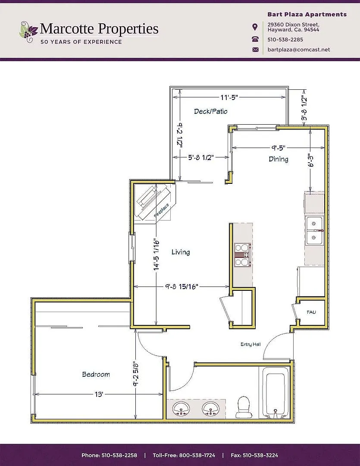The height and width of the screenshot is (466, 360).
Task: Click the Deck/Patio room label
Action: point(210,111)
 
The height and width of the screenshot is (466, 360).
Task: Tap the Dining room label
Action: point(279,159)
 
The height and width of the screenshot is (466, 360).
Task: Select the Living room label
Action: point(181,252)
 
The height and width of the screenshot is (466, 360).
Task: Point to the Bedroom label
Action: point(96,375)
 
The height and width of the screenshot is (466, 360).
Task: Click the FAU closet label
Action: point(311,312)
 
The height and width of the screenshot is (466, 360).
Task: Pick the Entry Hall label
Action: point(250,344)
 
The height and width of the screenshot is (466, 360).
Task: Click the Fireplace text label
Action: point(162,211)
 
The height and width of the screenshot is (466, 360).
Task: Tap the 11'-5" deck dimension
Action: point(229,98)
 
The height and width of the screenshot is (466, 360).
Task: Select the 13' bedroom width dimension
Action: point(99,394)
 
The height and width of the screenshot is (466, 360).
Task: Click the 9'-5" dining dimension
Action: point(278,148)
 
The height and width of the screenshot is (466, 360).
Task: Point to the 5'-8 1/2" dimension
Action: point(201,157)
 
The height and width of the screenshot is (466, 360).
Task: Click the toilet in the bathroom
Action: point(243,407)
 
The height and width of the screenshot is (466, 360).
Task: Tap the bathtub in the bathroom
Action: point(275,393)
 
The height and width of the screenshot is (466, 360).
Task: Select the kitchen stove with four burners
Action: point(243,255)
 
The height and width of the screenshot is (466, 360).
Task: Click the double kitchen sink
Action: point(314,230)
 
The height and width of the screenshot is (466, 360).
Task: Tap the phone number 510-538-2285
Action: point(285,40)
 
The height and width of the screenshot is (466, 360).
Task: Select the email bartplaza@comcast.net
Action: point(298,50)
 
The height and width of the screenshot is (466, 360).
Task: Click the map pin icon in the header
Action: point(255,27)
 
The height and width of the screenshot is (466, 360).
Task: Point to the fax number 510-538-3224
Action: point(260,455)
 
